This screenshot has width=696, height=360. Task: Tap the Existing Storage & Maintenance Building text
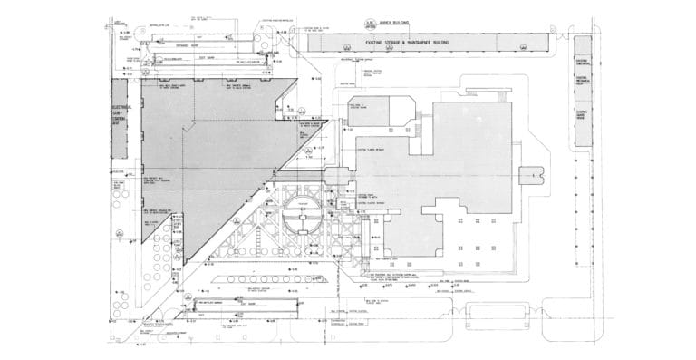tap(408, 42)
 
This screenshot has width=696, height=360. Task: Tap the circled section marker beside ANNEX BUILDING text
tap(370, 22)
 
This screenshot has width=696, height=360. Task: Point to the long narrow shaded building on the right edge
tap(583, 100)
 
